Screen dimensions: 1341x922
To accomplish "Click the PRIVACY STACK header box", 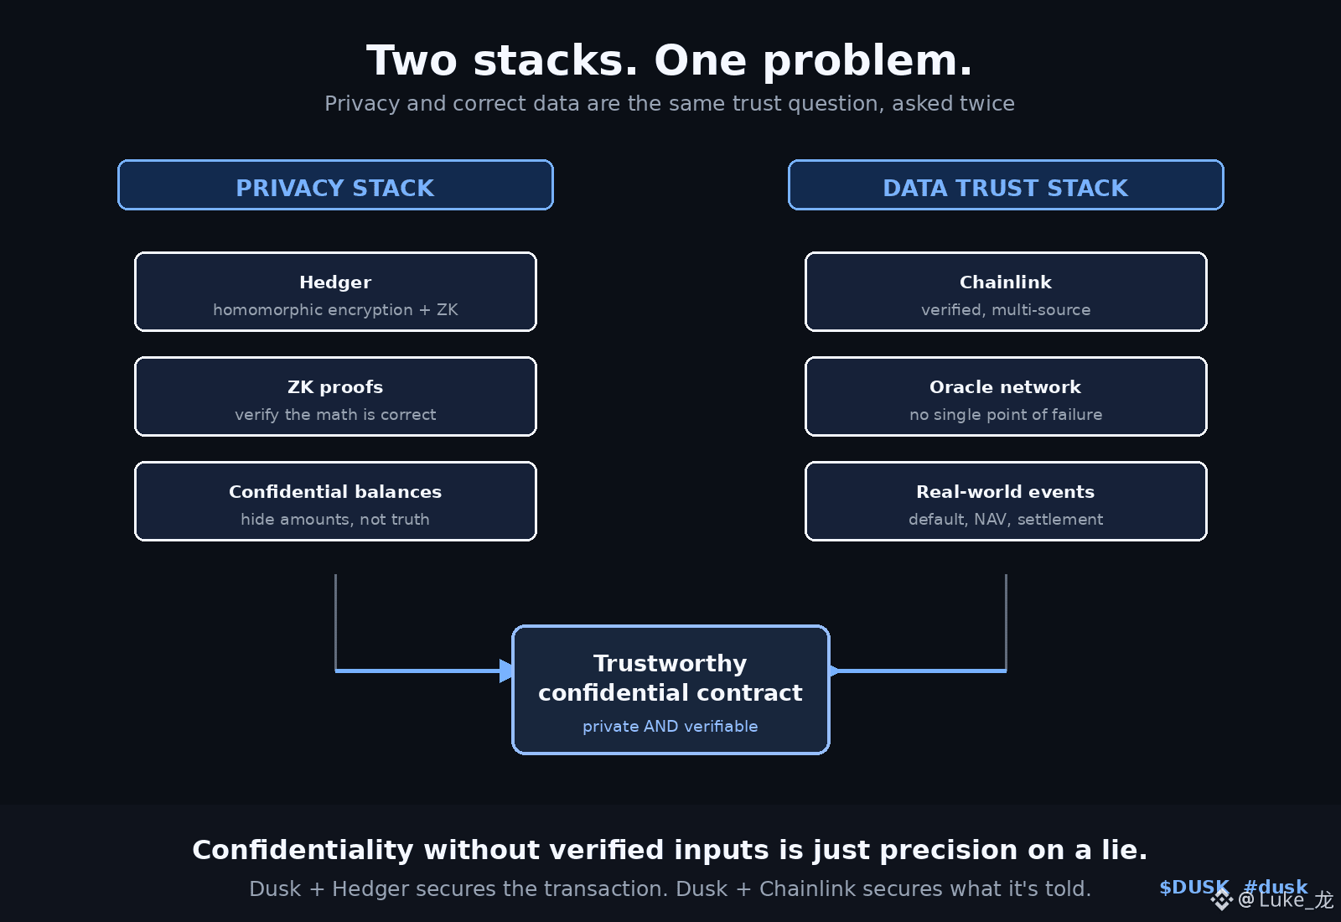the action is pos(335,185).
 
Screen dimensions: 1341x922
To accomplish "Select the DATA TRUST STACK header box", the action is pos(1006,185).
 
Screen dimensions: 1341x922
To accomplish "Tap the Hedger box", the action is pos(335,292).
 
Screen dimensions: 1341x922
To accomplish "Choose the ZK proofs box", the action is pos(335,396).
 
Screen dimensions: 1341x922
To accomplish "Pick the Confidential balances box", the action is pos(335,501).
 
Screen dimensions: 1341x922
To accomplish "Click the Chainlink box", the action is pos(1006,292).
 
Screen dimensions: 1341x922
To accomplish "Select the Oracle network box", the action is pos(1006,396).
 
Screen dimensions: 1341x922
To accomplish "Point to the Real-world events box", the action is pos(1006,501).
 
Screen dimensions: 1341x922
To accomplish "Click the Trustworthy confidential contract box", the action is pos(670,690).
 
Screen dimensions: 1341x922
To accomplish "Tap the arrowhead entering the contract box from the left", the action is pos(506,671).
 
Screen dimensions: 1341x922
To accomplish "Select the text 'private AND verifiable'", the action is pos(670,726).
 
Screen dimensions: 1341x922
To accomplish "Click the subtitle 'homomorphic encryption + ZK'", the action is pos(335,309).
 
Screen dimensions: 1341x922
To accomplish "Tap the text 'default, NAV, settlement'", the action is pos(1006,519).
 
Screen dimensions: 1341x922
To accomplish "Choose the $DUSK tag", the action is pos(1193,887).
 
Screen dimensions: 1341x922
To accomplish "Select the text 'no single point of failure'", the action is pos(1006,414).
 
